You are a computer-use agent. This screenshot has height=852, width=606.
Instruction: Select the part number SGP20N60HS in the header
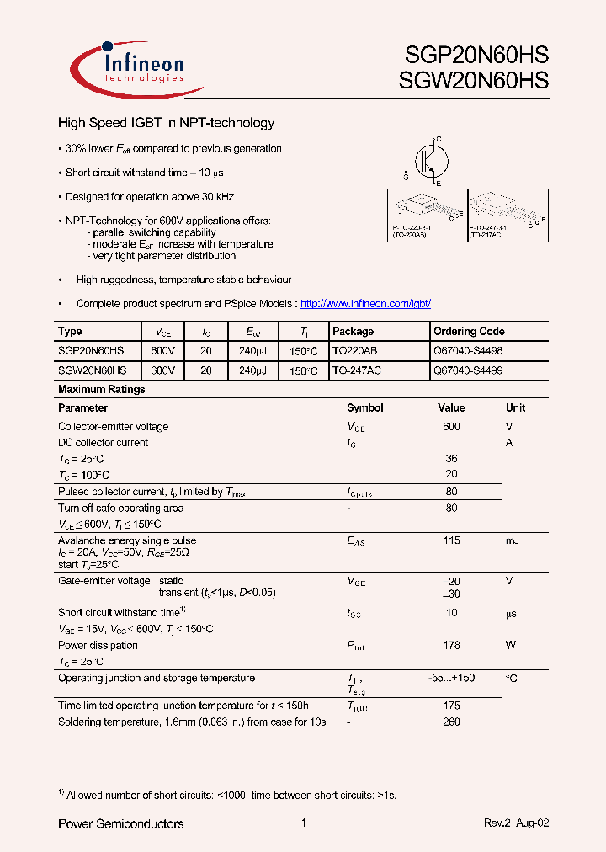tap(477, 56)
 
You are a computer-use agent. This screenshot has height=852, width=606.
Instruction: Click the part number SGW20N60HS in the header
tap(477, 81)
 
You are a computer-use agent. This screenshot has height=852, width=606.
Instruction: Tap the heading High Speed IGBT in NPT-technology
tap(166, 123)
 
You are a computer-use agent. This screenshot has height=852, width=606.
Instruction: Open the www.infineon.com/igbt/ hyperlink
tap(365, 303)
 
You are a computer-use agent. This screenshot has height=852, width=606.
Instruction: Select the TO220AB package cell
tap(357, 351)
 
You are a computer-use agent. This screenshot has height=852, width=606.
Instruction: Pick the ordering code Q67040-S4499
tap(468, 370)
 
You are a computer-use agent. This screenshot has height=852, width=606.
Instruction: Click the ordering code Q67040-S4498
tap(468, 351)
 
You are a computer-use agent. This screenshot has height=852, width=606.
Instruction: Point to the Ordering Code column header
tap(469, 332)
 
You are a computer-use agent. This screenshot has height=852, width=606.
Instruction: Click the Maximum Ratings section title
tap(102, 390)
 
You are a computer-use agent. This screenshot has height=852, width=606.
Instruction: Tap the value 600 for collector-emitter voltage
tap(451, 427)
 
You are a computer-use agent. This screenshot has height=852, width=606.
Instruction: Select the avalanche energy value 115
tap(451, 540)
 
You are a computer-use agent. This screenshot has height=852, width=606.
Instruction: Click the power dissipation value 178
tap(451, 646)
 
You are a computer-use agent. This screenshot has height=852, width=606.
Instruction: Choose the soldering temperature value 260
tap(451, 722)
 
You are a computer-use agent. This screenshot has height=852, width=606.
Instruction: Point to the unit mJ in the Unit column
tap(513, 540)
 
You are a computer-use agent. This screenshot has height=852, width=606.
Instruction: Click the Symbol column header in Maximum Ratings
tap(364, 407)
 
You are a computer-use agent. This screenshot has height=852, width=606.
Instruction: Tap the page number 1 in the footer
tap(303, 823)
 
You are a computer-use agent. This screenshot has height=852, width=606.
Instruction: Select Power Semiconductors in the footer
tap(120, 823)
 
